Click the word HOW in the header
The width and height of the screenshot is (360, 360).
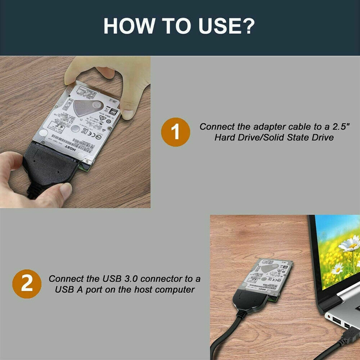[x=126, y=26]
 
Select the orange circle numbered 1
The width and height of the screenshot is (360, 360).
[x=175, y=132]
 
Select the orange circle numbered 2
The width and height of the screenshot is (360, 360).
[x=27, y=284]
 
